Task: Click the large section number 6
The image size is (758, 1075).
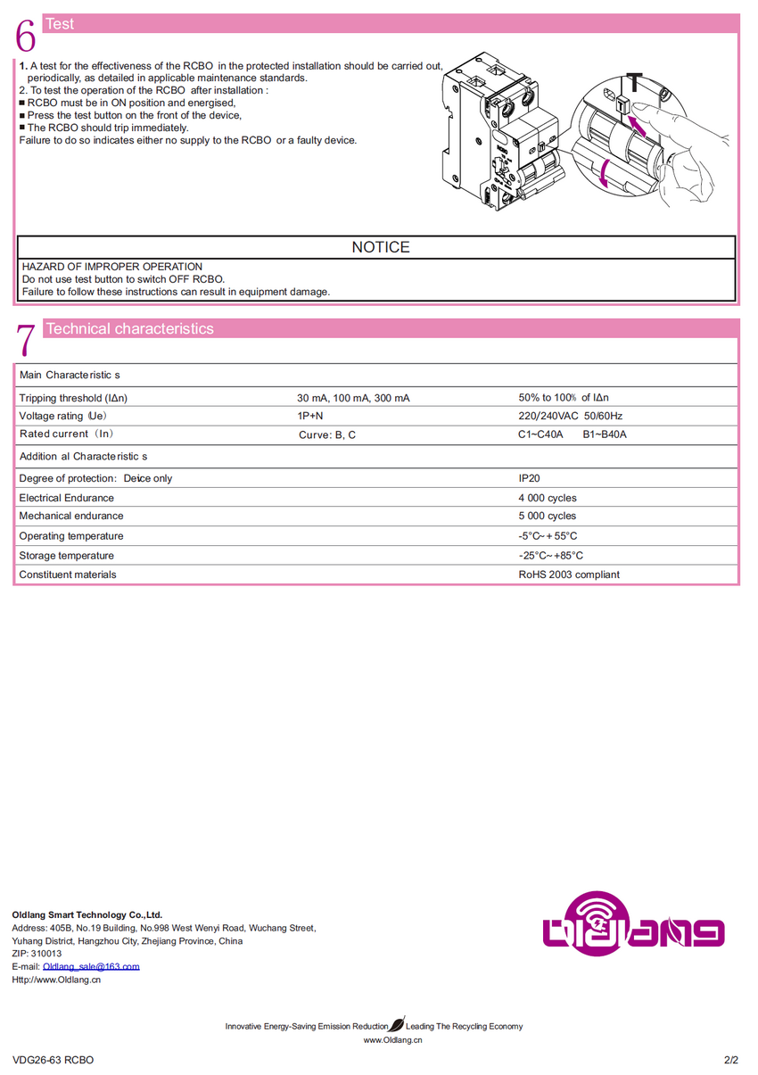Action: [x=26, y=36]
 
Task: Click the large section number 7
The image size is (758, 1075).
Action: [x=26, y=340]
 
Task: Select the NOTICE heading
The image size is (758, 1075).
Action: [x=381, y=247]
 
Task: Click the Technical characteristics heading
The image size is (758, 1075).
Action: [x=129, y=328]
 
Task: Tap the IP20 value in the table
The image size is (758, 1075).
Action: [x=529, y=478]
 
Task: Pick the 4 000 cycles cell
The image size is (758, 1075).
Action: [x=548, y=498]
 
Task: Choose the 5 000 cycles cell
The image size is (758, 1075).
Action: [x=548, y=516]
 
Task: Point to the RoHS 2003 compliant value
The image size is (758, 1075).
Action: [x=569, y=575]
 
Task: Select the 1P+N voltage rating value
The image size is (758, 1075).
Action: [x=310, y=416]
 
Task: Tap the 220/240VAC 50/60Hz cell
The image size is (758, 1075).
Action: [x=571, y=416]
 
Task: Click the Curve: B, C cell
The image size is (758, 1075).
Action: [x=327, y=435]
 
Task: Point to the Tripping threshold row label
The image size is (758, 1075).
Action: [x=79, y=398]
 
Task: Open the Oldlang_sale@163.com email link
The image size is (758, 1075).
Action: [x=91, y=966]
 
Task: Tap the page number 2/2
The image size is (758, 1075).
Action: [x=731, y=1060]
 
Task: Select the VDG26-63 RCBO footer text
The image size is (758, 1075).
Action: [x=54, y=1060]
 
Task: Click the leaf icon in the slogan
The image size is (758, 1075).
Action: [x=397, y=1025]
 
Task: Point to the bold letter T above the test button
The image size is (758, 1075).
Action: [x=631, y=83]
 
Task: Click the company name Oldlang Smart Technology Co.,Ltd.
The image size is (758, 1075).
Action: [x=87, y=914]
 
